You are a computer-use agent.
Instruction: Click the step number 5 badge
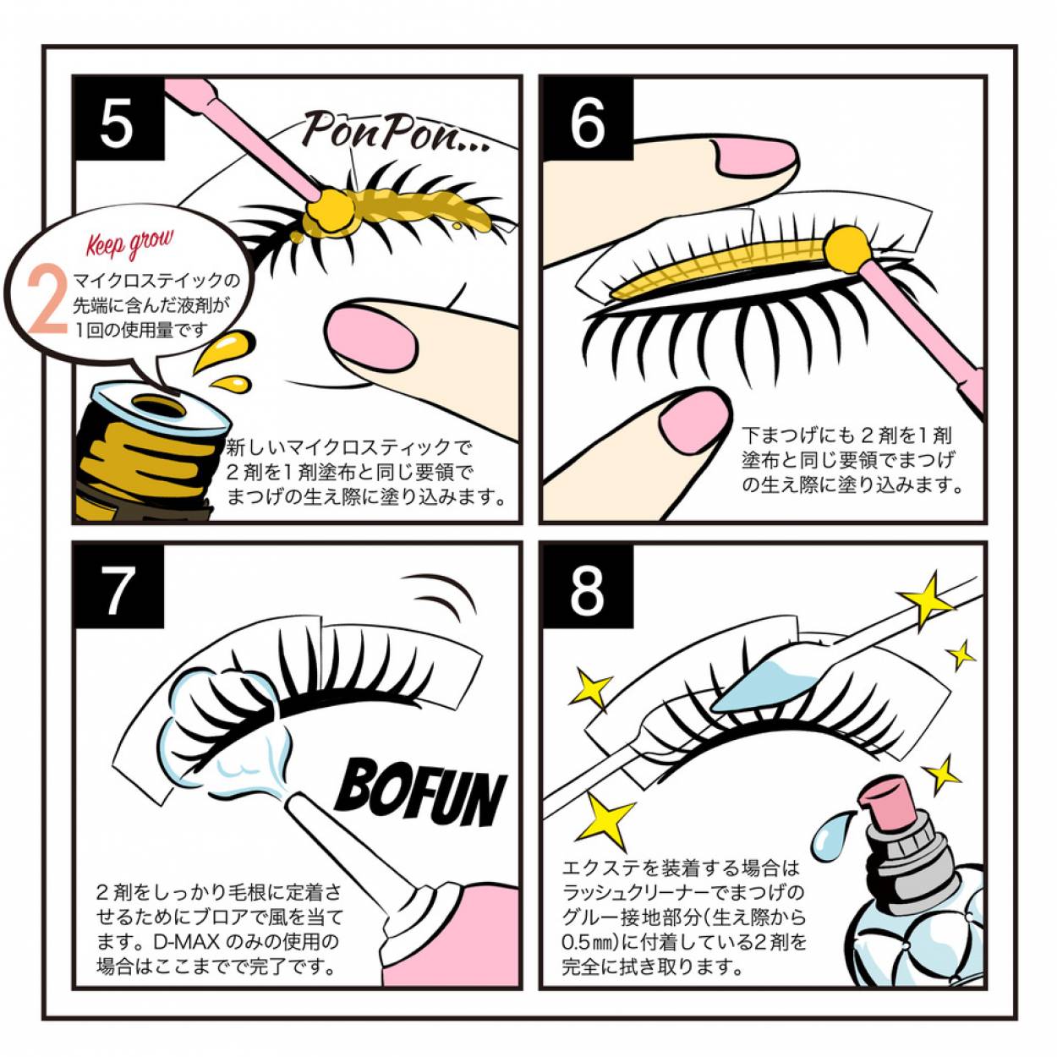pos(118,120)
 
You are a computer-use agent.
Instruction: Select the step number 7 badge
pos(118,589)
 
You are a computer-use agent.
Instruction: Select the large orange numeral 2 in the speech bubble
pos(47,300)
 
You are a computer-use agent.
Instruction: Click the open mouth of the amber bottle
pos(156,406)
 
